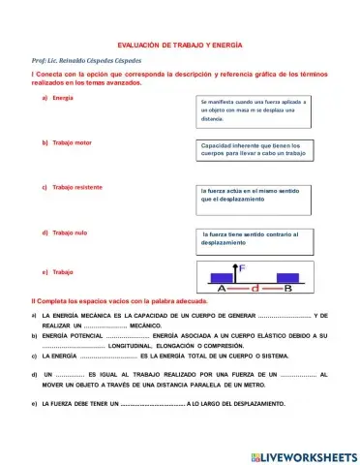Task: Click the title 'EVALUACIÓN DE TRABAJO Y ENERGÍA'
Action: point(179,46)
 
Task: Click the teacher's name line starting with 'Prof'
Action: point(91,61)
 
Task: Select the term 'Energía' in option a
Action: point(63,99)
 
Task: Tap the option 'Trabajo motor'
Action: point(72,142)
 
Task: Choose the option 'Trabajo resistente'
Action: point(78,186)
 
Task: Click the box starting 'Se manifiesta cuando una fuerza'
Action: point(255,109)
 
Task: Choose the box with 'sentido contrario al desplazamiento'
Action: point(255,238)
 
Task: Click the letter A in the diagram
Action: point(223,288)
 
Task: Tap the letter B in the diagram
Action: point(287,288)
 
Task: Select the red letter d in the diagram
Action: point(254,288)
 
